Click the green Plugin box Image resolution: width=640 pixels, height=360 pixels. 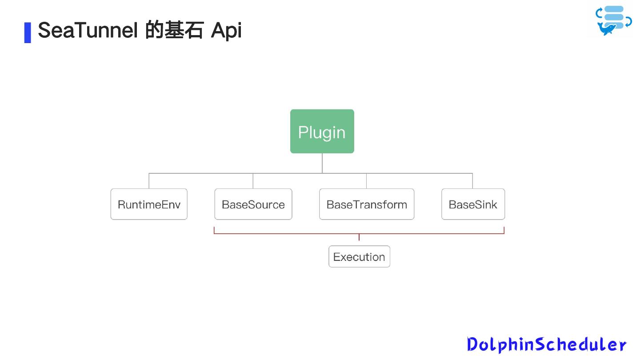pyautogui.click(x=322, y=132)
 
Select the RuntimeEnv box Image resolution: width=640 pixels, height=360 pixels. pyautogui.click(x=149, y=204)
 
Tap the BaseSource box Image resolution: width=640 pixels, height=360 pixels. pyautogui.click(x=253, y=204)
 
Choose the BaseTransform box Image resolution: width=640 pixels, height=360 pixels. pyautogui.click(x=367, y=204)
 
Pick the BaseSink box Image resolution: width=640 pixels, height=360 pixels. pyautogui.click(x=473, y=204)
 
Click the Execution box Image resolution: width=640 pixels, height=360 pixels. pyautogui.click(x=359, y=257)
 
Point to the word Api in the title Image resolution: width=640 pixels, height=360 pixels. pyautogui.click(x=226, y=31)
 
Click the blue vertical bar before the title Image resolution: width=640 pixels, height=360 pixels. pyautogui.click(x=28, y=32)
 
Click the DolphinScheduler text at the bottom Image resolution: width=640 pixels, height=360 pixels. pyautogui.click(x=546, y=344)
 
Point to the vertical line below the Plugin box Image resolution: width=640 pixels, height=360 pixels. pyautogui.click(x=322, y=163)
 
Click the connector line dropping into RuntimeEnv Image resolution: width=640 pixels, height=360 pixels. pyautogui.click(x=149, y=181)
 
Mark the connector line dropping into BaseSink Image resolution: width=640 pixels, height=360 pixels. pyautogui.click(x=472, y=181)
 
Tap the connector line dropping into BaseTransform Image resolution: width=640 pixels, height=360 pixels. pyautogui.click(x=367, y=181)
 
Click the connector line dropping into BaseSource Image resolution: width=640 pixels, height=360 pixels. pyautogui.click(x=253, y=181)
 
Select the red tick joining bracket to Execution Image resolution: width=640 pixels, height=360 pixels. pyautogui.click(x=359, y=237)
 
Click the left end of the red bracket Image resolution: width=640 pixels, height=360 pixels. pyautogui.click(x=214, y=230)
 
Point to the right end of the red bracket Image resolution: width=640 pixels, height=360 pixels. pyautogui.click(x=504, y=230)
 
